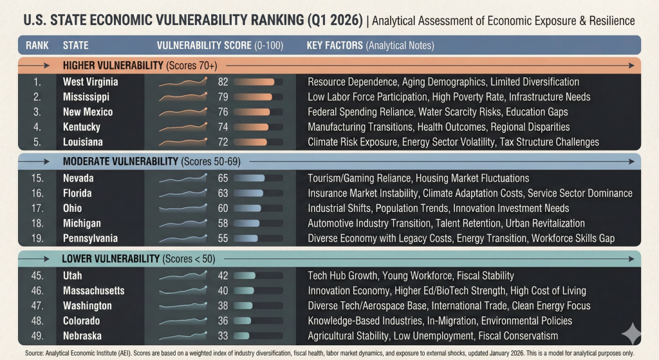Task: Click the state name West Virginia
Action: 90,82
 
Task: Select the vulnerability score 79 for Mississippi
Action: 223,97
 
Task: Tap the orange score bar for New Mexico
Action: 253,112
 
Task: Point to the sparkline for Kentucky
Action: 183,127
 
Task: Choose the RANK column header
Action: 36,46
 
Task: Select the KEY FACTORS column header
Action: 335,46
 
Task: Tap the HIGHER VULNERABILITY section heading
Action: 113,66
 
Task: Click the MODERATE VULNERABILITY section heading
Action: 120,161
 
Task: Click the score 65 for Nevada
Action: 223,178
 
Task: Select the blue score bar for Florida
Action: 248,193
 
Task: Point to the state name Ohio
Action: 73,208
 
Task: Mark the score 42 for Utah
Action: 223,276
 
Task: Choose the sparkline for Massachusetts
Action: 183,290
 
